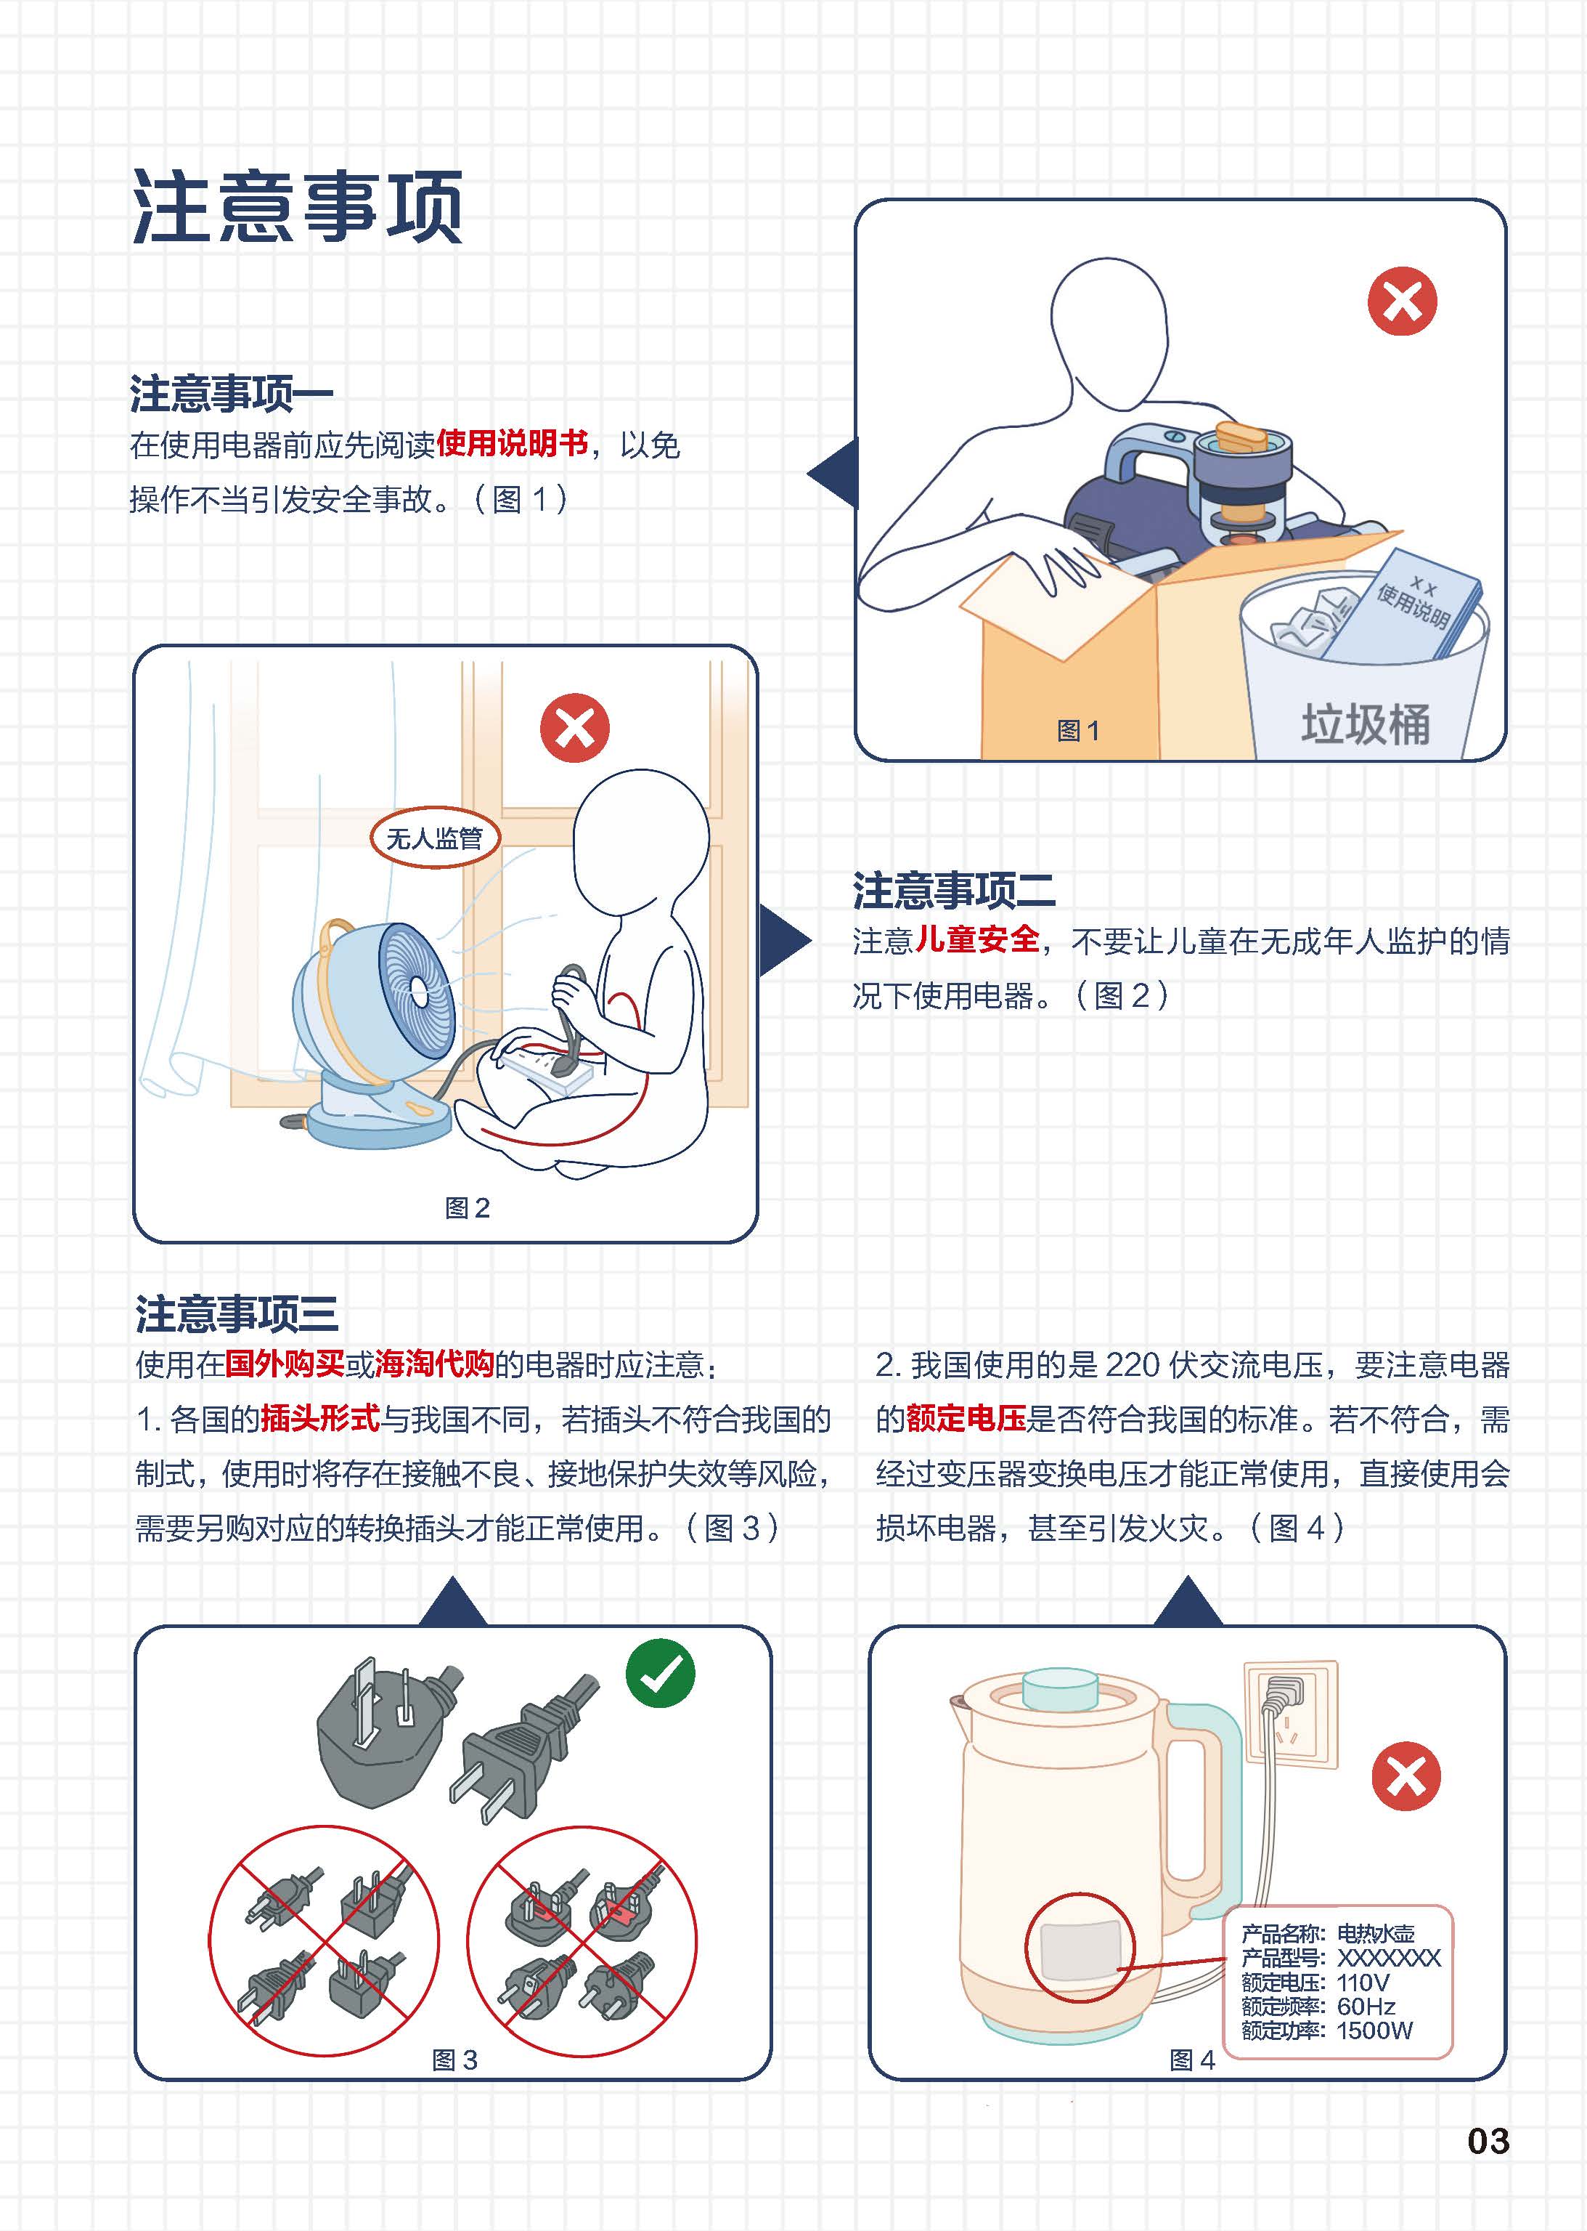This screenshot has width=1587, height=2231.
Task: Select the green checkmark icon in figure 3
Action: pyautogui.click(x=661, y=1674)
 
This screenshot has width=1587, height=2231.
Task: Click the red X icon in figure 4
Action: pyautogui.click(x=1406, y=1776)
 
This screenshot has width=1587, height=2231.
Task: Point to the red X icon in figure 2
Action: pyautogui.click(x=574, y=727)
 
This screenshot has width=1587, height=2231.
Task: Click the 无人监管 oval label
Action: pyautogui.click(x=435, y=838)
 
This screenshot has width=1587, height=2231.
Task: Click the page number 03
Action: pyautogui.click(x=1488, y=2141)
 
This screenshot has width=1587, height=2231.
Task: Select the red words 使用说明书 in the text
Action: pyautogui.click(x=512, y=444)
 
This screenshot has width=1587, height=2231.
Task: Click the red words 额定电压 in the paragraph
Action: pyautogui.click(x=966, y=1419)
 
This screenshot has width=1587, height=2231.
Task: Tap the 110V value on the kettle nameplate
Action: pyautogui.click(x=1362, y=1983)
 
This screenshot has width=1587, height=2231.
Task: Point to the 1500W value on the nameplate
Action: pyautogui.click(x=1374, y=2030)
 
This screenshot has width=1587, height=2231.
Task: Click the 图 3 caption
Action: pyautogui.click(x=454, y=2060)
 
